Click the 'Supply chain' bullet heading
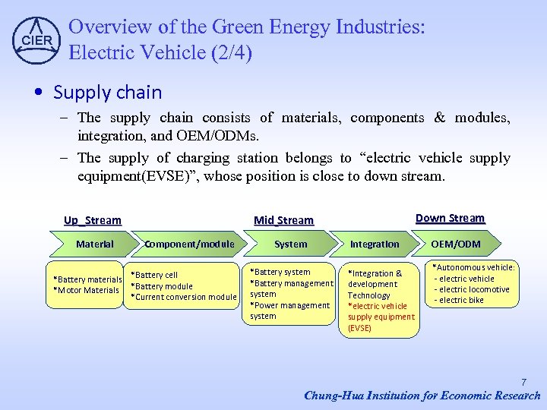click(x=107, y=93)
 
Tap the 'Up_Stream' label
click(x=92, y=220)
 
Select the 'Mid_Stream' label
click(x=283, y=220)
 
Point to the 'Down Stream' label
click(x=450, y=218)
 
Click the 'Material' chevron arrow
click(x=95, y=244)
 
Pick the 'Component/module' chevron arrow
click(x=190, y=244)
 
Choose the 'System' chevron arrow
click(x=290, y=244)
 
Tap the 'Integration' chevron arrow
click(x=374, y=244)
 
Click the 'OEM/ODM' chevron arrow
click(x=456, y=244)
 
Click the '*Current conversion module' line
click(x=184, y=297)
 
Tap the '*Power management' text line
click(x=289, y=305)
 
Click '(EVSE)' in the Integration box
click(x=359, y=328)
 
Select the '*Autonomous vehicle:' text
click(x=473, y=267)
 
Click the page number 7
click(x=523, y=382)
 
